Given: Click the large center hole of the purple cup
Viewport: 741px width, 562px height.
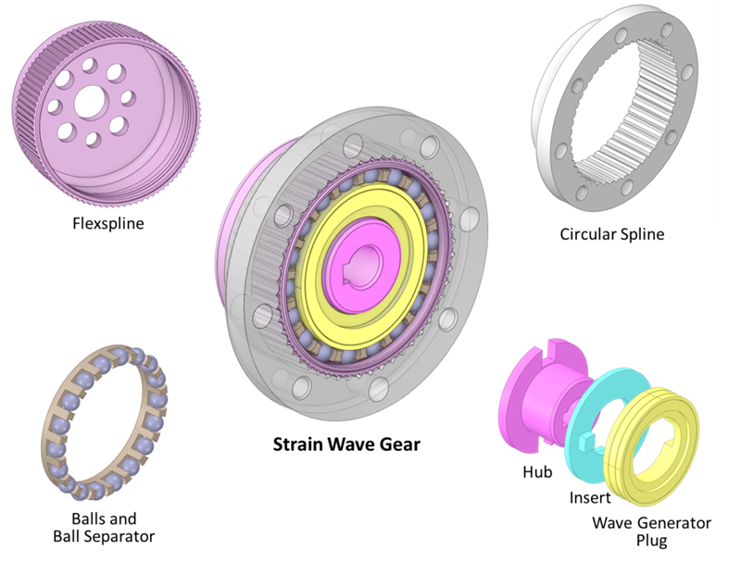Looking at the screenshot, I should [x=88, y=104].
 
